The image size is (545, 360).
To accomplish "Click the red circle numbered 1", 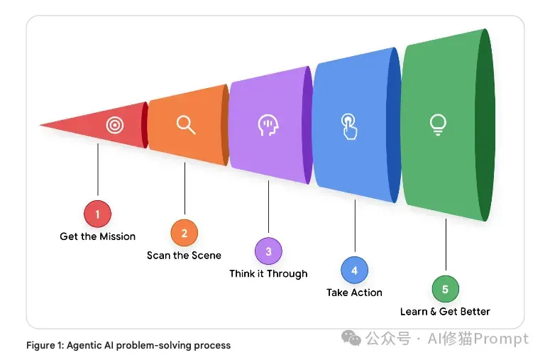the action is pyautogui.click(x=98, y=214).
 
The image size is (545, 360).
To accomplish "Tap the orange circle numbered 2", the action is pyautogui.click(x=185, y=233).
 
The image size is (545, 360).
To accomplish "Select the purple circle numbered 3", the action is pyautogui.click(x=268, y=251).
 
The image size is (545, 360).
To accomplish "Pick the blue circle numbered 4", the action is pyautogui.click(x=355, y=270).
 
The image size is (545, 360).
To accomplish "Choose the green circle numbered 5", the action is pyautogui.click(x=446, y=289).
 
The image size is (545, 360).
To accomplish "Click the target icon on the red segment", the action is pyautogui.click(x=115, y=125).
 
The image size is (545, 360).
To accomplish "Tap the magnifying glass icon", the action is pyautogui.click(x=186, y=125).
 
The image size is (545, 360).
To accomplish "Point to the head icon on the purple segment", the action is pyautogui.click(x=268, y=125).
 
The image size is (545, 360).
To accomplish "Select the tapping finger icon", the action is pyautogui.click(x=349, y=126).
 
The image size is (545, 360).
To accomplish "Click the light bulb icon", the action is pyautogui.click(x=438, y=124).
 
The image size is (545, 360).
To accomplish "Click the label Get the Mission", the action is pyautogui.click(x=98, y=236).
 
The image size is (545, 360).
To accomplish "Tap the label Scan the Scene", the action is pyautogui.click(x=185, y=256).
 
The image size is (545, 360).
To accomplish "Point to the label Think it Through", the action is pyautogui.click(x=268, y=274).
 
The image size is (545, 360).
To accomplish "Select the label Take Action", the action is pyautogui.click(x=355, y=293).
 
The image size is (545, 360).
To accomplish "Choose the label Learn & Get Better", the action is pyautogui.click(x=445, y=311).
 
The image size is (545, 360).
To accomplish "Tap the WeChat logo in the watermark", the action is pyautogui.click(x=351, y=338).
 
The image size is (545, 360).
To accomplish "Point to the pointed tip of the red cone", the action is pyautogui.click(x=40, y=125).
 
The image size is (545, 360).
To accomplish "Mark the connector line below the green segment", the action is pyautogui.click(x=446, y=244).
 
